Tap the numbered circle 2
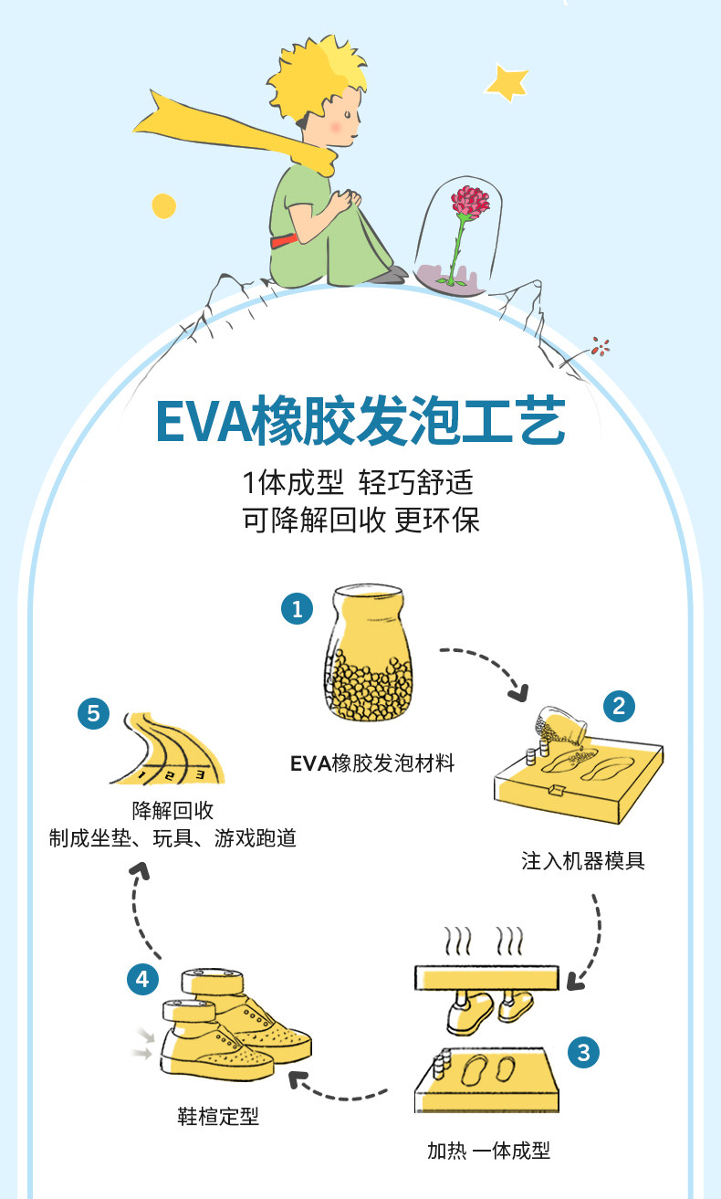pos(619,705)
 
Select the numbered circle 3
pos(584,1053)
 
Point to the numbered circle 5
pos(93,712)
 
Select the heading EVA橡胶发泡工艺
pos(360,421)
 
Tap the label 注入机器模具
pos(583,860)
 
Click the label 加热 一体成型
pos(489,1150)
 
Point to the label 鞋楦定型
pos(218,1115)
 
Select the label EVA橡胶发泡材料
pos(372,763)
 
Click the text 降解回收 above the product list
pos(172,811)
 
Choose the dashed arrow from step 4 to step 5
pos(141,913)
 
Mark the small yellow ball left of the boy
pos(163,205)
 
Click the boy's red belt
pos(283,241)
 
